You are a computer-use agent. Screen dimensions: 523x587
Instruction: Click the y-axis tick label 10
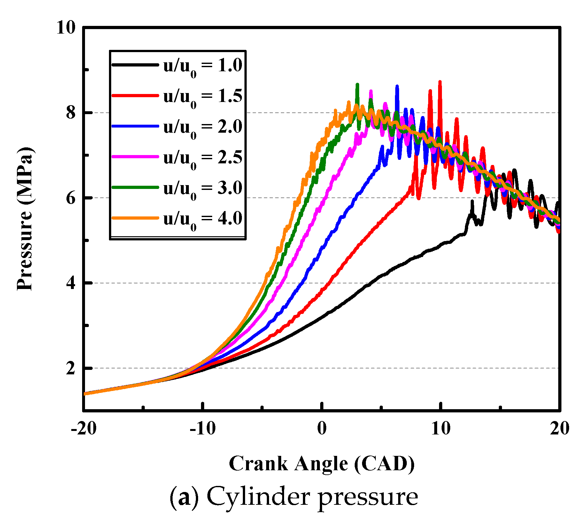[66, 27]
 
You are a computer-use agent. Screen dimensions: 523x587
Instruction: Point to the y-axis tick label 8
[71, 113]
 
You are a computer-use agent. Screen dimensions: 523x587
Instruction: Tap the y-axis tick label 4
[71, 283]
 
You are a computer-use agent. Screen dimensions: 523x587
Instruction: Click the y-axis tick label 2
[71, 368]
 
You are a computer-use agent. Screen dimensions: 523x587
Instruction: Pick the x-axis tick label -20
[84, 428]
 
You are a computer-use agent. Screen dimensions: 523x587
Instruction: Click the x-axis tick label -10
[203, 428]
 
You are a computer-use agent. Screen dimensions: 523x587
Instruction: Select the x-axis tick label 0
[322, 428]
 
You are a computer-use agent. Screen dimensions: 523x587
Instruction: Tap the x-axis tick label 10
[441, 428]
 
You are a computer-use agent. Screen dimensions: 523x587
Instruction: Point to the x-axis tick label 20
[560, 428]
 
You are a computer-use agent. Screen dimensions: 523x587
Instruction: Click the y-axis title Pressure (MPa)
[25, 219]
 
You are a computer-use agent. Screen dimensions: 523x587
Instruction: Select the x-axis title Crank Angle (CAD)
[321, 464]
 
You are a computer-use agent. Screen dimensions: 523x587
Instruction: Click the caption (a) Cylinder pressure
[293, 497]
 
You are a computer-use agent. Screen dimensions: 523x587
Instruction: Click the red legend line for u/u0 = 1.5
[135, 96]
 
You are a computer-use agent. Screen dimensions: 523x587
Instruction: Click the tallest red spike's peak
[440, 82]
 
